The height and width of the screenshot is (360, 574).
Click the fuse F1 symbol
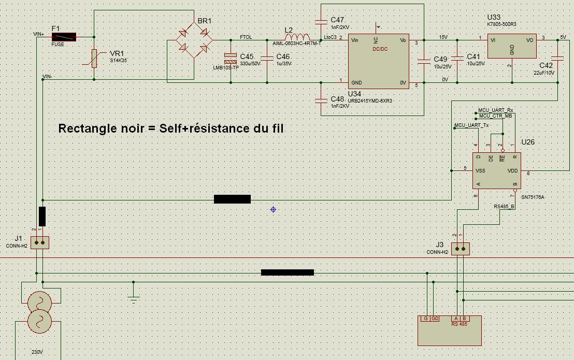pos(64,37)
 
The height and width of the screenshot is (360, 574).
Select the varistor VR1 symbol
pos(94,59)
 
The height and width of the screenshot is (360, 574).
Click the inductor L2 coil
pos(297,37)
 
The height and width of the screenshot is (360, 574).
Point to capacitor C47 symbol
pos(321,22)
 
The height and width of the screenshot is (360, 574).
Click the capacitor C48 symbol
pos(321,99)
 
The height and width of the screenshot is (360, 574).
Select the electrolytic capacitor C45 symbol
pos(231,59)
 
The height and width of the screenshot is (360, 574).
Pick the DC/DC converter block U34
pos(378,61)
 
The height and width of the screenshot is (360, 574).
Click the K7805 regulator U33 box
pos(512,47)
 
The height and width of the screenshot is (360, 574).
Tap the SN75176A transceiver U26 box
pos(496,170)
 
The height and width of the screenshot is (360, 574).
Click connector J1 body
pos(39,242)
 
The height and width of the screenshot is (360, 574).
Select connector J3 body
pos(460,249)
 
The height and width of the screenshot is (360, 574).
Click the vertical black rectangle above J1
pos(42,217)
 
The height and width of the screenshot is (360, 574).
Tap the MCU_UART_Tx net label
pos(471,125)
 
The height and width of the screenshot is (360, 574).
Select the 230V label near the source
pos(37,352)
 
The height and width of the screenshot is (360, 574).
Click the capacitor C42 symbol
pos(557,58)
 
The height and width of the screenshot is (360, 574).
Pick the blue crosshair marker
pos(273,209)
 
